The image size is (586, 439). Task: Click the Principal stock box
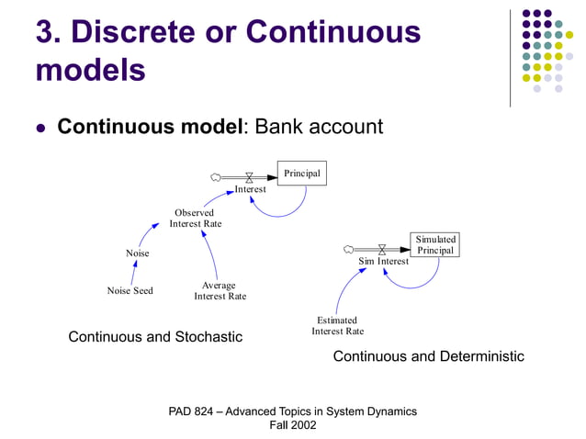coord(301,174)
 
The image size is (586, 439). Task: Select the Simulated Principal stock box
coord(434,245)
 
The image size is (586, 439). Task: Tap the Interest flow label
coord(250,189)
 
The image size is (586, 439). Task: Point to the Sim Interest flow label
coord(383,262)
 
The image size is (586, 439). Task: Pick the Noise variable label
coord(137,253)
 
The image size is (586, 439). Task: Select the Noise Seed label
coord(130,291)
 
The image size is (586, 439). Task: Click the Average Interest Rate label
coord(220,291)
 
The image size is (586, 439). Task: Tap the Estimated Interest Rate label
coord(337,326)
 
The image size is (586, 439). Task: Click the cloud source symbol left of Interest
coord(215,176)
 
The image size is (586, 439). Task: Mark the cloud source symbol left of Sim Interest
coord(348,249)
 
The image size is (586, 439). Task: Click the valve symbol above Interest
coord(249,176)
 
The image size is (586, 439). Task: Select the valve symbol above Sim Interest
coord(382,249)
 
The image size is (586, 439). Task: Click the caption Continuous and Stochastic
coord(155,337)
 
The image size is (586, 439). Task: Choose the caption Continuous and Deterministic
coord(428,356)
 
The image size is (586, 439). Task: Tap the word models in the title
coord(90,71)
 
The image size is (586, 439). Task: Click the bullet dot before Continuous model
coord(39,128)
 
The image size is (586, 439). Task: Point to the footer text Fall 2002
coord(292,425)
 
